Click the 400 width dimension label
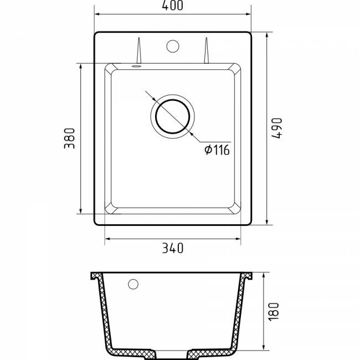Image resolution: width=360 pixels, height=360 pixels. [x=172, y=6]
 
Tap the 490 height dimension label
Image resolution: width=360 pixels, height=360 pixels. [x=276, y=128]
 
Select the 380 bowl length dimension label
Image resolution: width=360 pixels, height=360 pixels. [x=69, y=138]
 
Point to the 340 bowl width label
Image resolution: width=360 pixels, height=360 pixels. [x=173, y=248]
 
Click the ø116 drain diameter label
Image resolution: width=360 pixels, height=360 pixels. [x=217, y=150]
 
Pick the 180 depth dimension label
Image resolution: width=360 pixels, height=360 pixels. [x=274, y=312]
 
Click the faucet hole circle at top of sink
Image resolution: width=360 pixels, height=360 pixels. [x=173, y=46]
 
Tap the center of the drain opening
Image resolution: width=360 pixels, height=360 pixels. [x=173, y=116]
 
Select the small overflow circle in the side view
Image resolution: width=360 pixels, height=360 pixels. [x=133, y=284]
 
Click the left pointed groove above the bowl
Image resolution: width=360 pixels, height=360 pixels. [x=138, y=50]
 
